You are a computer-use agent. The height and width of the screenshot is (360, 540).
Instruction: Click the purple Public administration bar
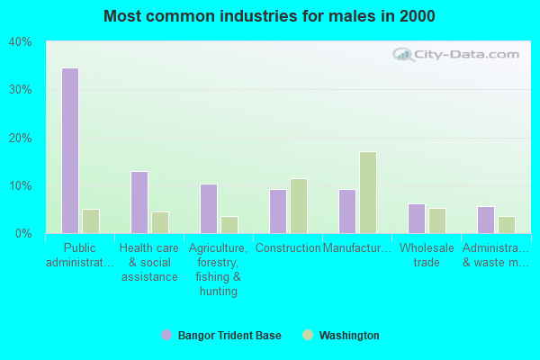[70, 150]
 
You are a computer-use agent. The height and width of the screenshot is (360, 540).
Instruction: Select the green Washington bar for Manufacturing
[368, 193]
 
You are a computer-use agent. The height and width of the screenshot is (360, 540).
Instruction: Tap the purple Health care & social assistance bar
[139, 202]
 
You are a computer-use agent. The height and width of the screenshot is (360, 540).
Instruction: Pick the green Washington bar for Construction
[299, 206]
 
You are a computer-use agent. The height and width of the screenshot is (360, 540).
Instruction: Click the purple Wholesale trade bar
[417, 219]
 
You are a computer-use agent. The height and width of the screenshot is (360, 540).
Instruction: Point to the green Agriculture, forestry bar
[229, 225]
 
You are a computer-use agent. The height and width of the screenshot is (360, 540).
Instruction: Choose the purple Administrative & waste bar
[486, 220]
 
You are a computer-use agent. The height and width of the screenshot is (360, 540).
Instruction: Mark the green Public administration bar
[91, 221]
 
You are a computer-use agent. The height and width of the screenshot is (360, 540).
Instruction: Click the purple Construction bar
[278, 211]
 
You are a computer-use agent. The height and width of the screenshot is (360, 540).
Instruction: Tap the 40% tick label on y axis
[20, 42]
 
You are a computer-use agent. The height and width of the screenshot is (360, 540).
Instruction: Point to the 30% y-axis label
[20, 90]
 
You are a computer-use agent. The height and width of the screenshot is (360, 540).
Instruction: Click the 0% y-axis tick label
[23, 234]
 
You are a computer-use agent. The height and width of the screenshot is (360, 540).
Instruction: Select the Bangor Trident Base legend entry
[221, 335]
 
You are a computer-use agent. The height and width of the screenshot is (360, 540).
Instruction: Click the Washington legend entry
[341, 335]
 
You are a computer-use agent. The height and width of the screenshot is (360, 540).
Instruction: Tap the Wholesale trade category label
[427, 256]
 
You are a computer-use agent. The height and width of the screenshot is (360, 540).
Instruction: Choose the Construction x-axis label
[288, 248]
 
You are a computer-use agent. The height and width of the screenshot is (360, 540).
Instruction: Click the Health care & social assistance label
[149, 263]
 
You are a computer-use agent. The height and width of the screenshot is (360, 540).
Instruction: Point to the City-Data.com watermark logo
[456, 54]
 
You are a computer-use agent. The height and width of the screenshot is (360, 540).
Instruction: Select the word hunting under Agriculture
[219, 292]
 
